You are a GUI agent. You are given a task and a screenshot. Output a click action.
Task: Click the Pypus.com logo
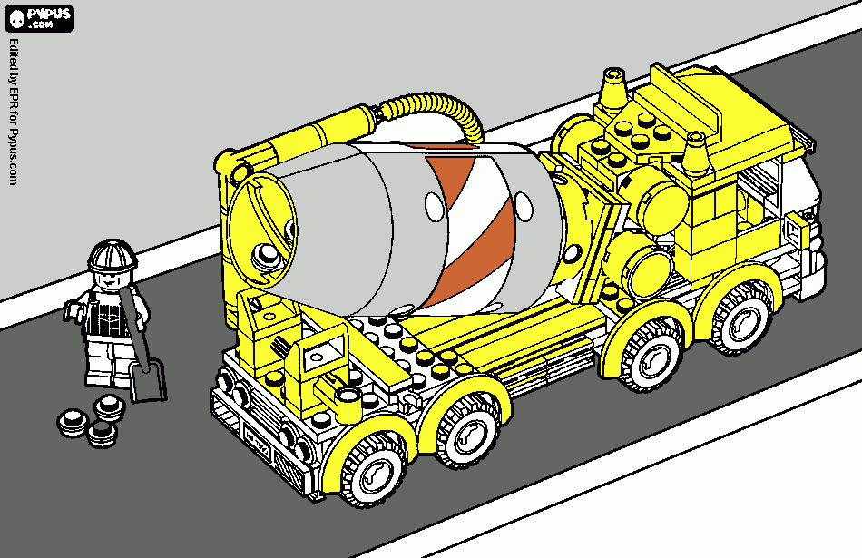click(39, 18)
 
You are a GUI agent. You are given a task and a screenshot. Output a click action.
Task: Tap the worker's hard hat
click(113, 255)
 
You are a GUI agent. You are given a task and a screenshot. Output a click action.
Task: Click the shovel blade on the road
click(148, 381)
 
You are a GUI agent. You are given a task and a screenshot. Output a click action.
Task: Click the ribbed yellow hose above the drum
click(435, 111)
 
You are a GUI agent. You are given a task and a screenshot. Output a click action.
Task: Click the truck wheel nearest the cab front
click(740, 318)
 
